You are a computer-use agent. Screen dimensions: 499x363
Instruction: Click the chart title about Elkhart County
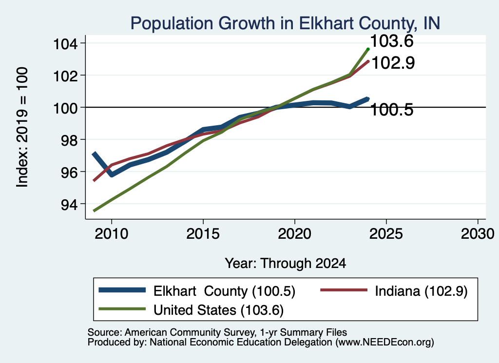pos(285,23)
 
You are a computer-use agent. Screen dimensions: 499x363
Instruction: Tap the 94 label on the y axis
pos(69,204)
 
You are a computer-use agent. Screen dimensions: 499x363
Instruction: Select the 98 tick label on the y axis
pos(69,140)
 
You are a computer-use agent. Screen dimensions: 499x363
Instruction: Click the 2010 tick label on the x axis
pos(112,234)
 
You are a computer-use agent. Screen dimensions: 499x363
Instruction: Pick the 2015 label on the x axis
pos(203,234)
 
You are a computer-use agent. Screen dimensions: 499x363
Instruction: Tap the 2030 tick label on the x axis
pos(478,234)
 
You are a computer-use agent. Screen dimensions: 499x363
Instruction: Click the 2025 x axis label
pos(386,234)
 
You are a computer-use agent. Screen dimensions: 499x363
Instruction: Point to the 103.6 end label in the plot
pos(392,41)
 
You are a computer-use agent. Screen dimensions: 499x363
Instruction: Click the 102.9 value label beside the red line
pos(393,63)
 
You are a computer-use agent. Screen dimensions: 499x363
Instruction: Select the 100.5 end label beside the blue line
pos(392,110)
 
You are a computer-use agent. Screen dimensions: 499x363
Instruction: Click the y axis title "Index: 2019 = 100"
pos(22,127)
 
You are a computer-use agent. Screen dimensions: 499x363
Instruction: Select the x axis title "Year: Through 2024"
pos(286,264)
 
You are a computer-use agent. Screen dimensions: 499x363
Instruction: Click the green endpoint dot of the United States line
pos(368,49)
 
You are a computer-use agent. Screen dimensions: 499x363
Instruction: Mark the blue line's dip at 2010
pos(112,174)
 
